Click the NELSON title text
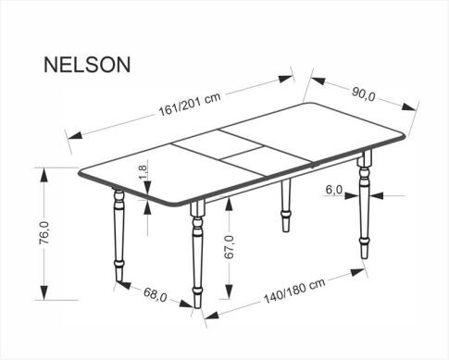coord(87,64)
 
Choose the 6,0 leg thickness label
coord(335,190)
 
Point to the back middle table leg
coord(285,208)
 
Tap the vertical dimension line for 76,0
coord(44,236)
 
